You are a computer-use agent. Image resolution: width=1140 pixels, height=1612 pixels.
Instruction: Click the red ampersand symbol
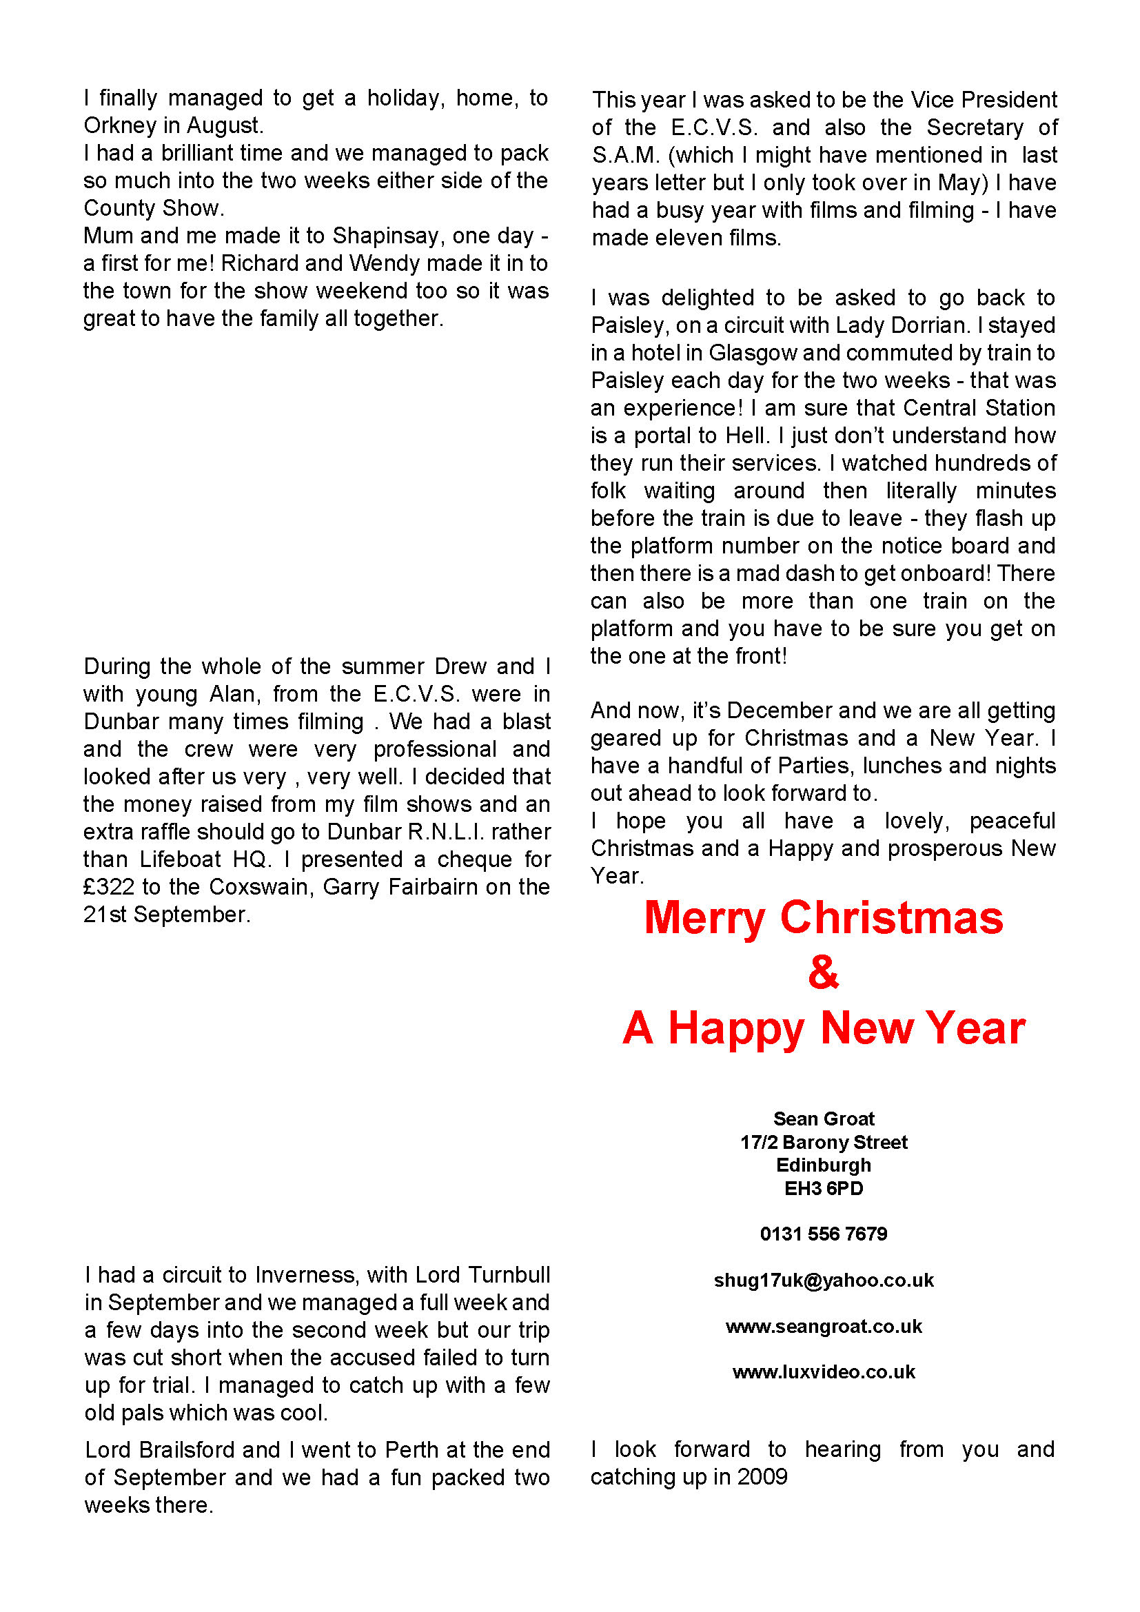pyautogui.click(x=824, y=972)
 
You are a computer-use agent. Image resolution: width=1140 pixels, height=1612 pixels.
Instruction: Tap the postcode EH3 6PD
pyautogui.click(x=824, y=1189)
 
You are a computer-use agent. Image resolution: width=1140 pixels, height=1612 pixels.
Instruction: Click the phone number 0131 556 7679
pyautogui.click(x=824, y=1234)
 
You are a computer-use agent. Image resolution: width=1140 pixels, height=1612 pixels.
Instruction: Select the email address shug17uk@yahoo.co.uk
pyautogui.click(x=824, y=1281)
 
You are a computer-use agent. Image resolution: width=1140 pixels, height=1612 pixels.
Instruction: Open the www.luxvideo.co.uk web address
pyautogui.click(x=824, y=1372)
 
